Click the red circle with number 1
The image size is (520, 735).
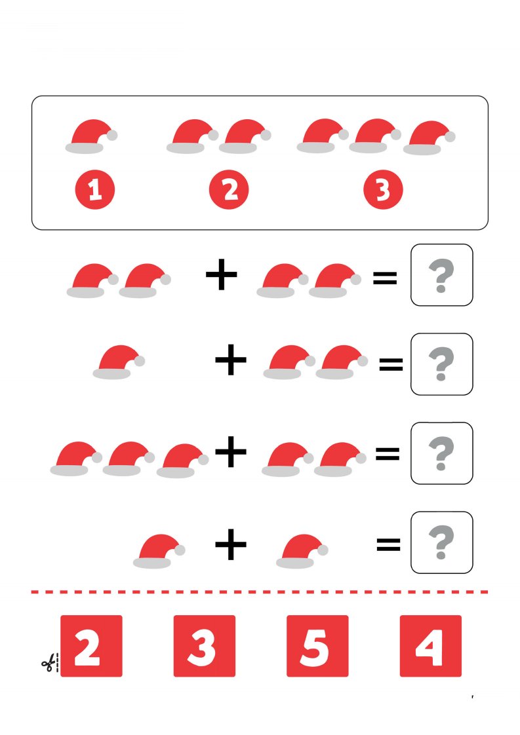coord(95,189)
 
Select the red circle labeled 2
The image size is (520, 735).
coord(229,189)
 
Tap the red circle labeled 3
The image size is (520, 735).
coord(383,189)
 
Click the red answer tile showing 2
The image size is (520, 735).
coord(92,646)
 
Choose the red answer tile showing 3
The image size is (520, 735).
coord(205,646)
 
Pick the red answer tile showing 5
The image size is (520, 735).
coord(318,646)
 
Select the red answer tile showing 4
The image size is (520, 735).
coord(431,646)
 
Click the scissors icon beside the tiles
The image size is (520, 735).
coord(49,664)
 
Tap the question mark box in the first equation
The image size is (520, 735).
coord(441,274)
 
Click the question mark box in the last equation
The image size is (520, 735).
coord(441,542)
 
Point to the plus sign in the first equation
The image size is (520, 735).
coord(222,274)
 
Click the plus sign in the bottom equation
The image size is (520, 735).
coord(231,544)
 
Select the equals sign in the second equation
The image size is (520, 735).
coord(391,364)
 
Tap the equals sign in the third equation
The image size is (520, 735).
coord(388,453)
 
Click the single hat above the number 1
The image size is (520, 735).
coord(92,136)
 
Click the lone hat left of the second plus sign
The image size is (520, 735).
coord(119,362)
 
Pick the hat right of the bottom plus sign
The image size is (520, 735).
coord(302,552)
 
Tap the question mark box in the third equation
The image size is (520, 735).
coord(441,453)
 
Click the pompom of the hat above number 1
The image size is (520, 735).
coord(112,135)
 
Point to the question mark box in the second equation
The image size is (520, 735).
coord(441,364)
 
